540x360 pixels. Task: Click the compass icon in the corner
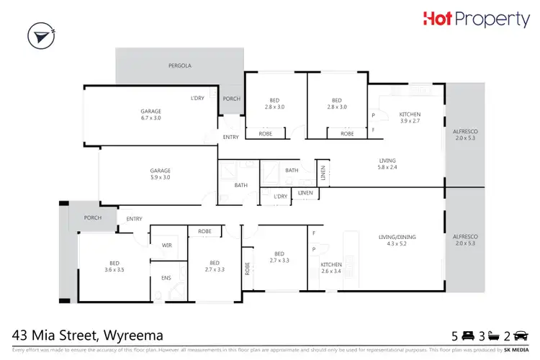point(42,37)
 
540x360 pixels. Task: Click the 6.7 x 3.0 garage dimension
point(150,117)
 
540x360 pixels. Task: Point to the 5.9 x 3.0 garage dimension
point(160,178)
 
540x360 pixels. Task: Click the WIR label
point(166,246)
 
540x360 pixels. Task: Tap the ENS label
point(166,278)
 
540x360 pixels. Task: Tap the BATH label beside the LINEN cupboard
point(291,171)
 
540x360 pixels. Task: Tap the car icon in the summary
point(521,336)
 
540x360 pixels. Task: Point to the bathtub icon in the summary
point(494,336)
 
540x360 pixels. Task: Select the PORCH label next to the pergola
point(231,99)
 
